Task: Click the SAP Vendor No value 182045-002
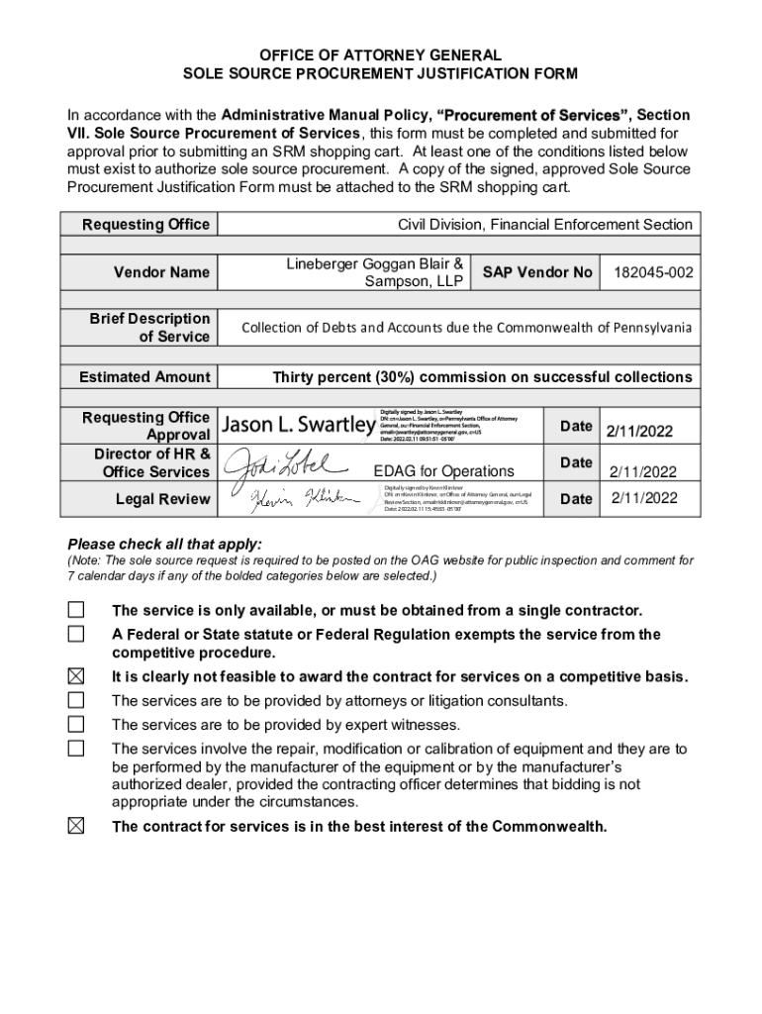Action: click(x=652, y=272)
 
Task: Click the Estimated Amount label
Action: click(x=145, y=377)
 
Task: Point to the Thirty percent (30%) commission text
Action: click(x=482, y=377)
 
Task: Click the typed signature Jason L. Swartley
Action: click(x=296, y=426)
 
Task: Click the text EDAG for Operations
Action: click(x=443, y=471)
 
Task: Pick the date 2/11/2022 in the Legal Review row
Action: click(x=643, y=498)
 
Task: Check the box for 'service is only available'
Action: click(x=76, y=609)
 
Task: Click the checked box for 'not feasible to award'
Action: click(x=76, y=676)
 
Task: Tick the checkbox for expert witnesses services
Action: click(x=76, y=724)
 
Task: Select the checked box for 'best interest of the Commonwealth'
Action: click(x=76, y=826)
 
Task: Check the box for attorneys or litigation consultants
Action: click(x=76, y=700)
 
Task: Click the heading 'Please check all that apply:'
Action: click(x=164, y=544)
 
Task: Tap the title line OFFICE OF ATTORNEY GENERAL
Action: click(x=381, y=56)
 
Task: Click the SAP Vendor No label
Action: click(x=537, y=272)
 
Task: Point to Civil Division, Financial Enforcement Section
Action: click(x=544, y=225)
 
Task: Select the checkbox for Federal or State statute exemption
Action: click(x=76, y=634)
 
